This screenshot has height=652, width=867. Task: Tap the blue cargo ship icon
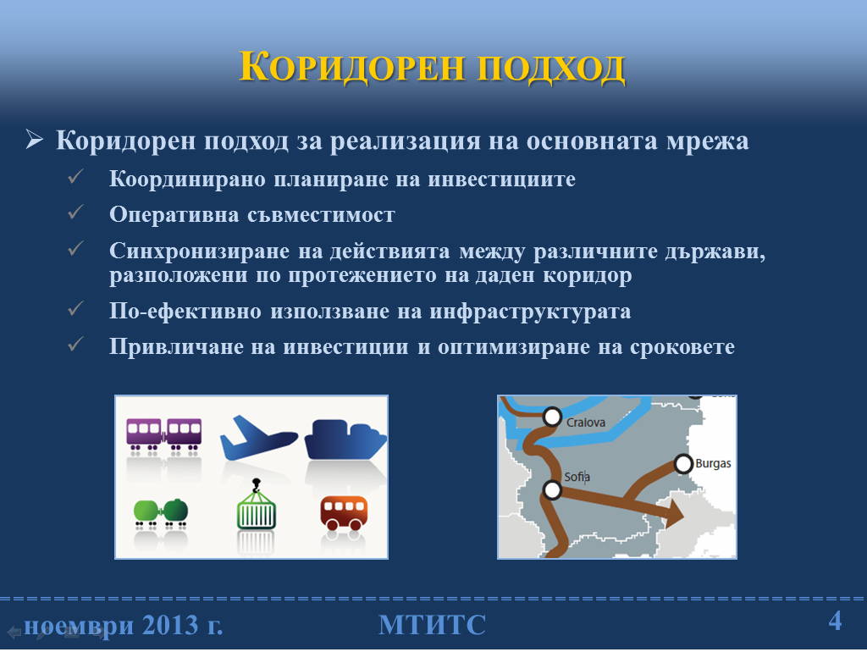click(x=345, y=440)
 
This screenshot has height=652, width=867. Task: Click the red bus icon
click(x=344, y=512)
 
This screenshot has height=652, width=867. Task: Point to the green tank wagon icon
click(x=161, y=511)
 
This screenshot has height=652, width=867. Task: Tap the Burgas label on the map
click(x=713, y=463)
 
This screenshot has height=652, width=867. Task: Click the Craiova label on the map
click(x=586, y=423)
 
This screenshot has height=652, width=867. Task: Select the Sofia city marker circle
click(x=552, y=489)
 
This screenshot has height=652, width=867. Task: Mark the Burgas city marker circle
click(x=683, y=463)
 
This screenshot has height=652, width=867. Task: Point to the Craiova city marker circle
click(x=552, y=417)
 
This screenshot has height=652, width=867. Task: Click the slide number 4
click(x=835, y=621)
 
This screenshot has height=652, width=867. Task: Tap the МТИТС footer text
click(x=433, y=625)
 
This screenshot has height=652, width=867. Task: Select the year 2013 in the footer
click(x=170, y=626)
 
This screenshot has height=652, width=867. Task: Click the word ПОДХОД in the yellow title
click(x=551, y=68)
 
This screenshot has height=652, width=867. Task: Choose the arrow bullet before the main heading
click(x=34, y=140)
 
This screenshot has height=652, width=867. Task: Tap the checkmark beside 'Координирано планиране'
click(x=75, y=176)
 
